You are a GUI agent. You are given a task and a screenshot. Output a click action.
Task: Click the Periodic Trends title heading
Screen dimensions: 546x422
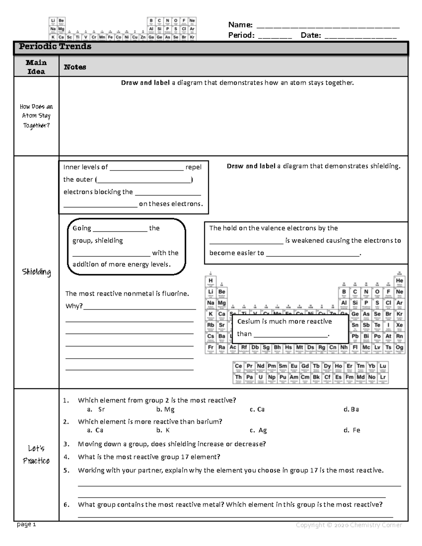click(55, 46)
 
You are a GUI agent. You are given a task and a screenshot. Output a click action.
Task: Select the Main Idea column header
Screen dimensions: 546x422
click(36, 67)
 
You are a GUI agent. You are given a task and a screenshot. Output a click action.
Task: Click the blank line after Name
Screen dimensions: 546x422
click(328, 26)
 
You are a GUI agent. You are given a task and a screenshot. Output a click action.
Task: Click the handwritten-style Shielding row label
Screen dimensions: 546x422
click(36, 272)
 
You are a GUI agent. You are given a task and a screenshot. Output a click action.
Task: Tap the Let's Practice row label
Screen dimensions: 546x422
click(36, 454)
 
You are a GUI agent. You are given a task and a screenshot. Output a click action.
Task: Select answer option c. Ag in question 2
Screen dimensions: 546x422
click(258, 430)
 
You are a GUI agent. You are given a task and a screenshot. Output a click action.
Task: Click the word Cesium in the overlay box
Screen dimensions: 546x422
click(248, 321)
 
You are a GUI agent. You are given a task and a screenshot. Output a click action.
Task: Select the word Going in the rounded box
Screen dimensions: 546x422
click(82, 228)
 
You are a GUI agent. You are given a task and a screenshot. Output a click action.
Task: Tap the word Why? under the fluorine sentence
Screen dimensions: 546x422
click(74, 306)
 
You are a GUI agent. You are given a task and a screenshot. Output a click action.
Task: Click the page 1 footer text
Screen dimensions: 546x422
click(26, 525)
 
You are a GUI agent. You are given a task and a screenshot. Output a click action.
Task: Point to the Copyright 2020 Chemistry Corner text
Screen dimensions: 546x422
click(349, 525)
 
